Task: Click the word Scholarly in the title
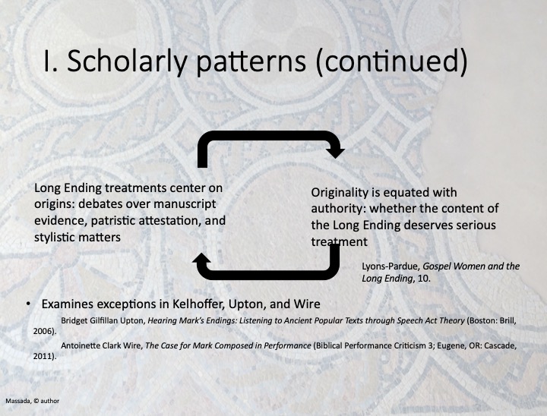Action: point(127,61)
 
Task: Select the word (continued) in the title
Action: point(391,61)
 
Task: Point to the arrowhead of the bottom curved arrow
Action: point(201,259)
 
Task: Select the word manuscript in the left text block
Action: point(185,204)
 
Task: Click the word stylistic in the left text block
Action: point(54,238)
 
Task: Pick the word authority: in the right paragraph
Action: point(338,209)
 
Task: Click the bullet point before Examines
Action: point(28,304)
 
